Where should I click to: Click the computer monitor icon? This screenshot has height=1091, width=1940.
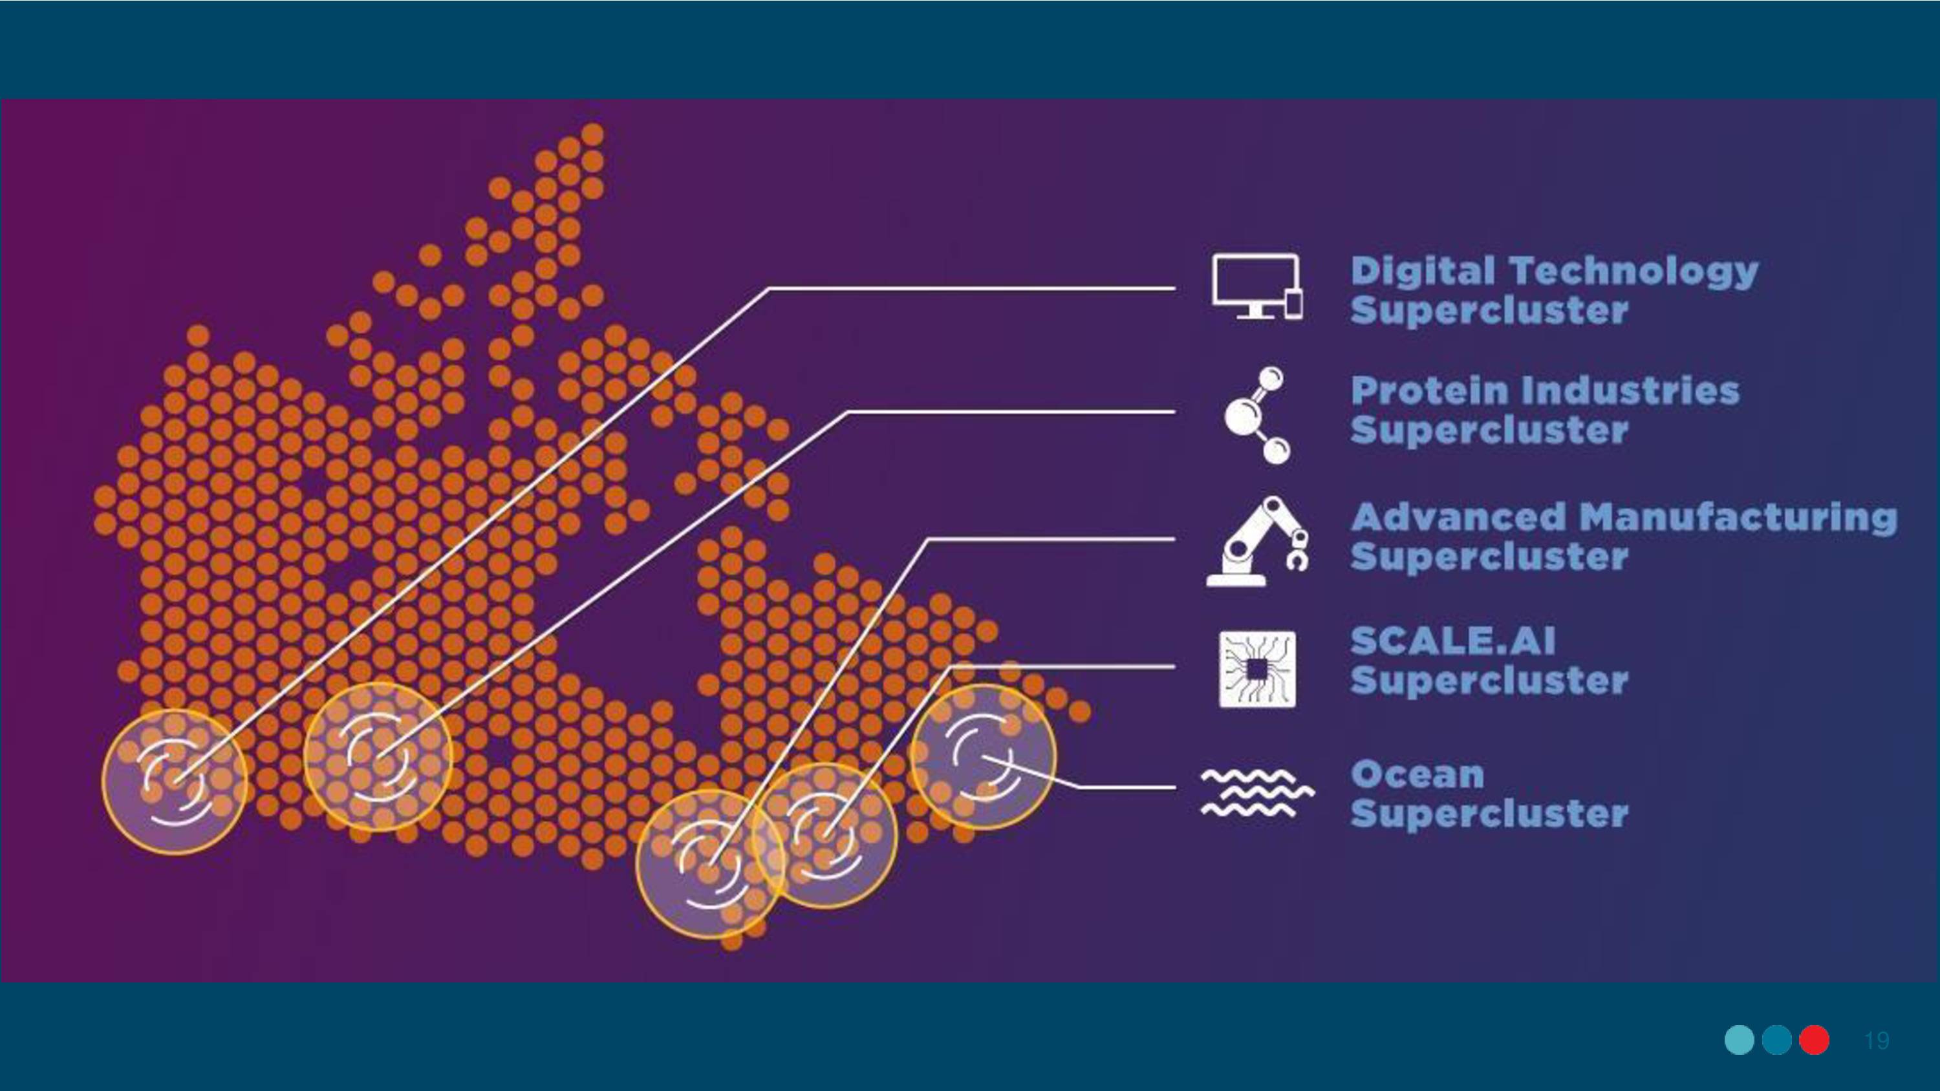point(1257,287)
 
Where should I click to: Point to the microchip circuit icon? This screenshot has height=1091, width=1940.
point(1257,668)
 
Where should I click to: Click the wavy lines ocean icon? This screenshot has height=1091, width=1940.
point(1257,793)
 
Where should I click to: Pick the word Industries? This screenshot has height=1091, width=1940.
point(1630,391)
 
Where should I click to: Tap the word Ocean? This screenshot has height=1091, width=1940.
point(1417,775)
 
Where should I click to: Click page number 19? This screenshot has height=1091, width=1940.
point(1877,1041)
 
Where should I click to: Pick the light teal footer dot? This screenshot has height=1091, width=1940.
point(1739,1040)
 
